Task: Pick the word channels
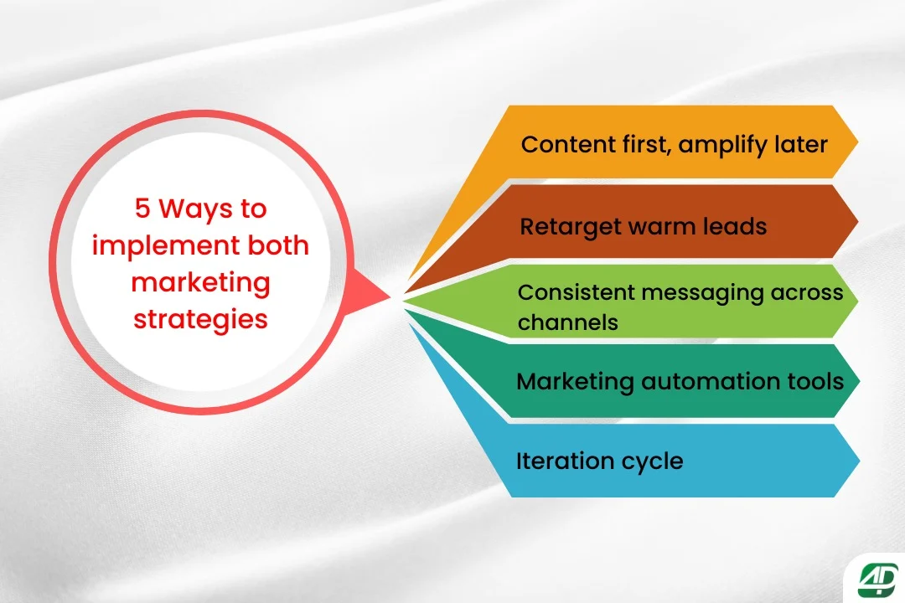click(x=567, y=322)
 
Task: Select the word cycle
click(x=652, y=461)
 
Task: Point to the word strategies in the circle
click(x=201, y=320)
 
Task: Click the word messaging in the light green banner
click(x=706, y=293)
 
